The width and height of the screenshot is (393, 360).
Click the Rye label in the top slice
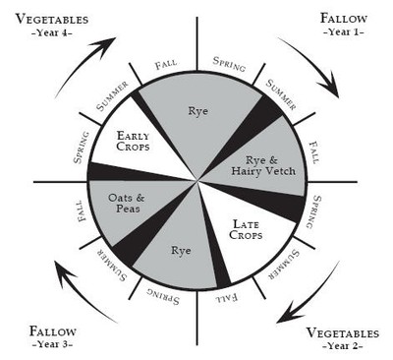[x=197, y=110]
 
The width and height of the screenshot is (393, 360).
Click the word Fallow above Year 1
[x=343, y=18]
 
